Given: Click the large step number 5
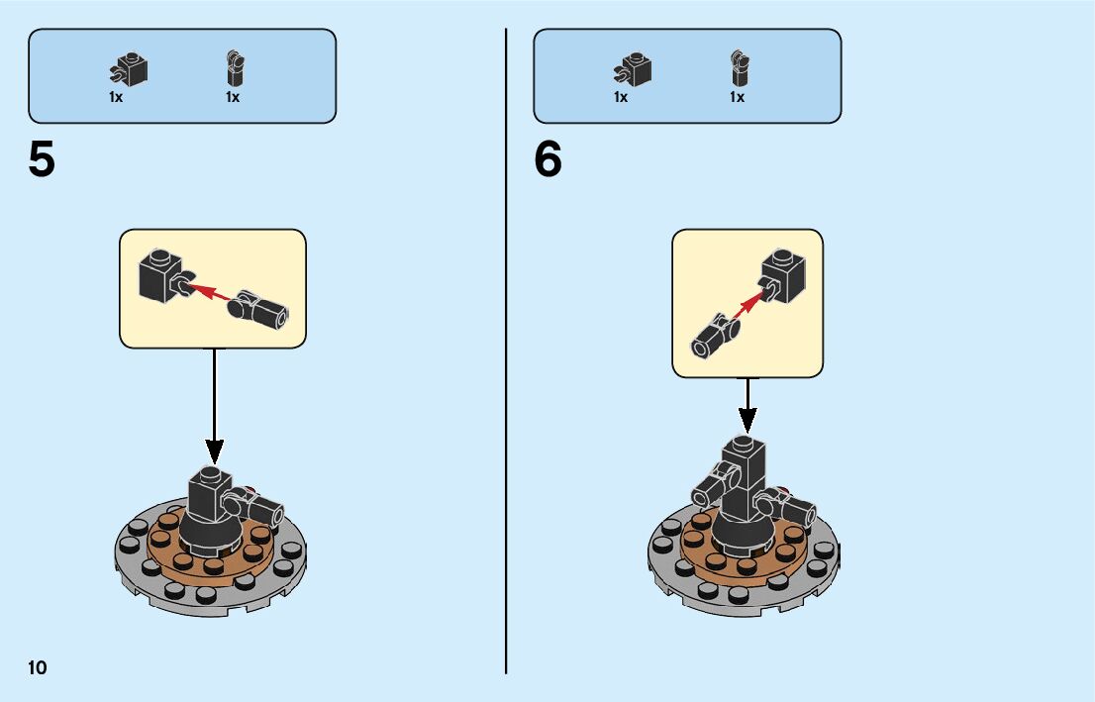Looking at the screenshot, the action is pos(42,160).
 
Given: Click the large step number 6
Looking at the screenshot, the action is pos(547,160).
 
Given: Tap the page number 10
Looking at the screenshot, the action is pos(38,667).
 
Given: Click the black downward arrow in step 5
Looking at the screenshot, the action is pos(214,406).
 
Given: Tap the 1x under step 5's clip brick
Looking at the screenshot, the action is pos(116,97).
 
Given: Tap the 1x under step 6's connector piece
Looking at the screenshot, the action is pos(738,97).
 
